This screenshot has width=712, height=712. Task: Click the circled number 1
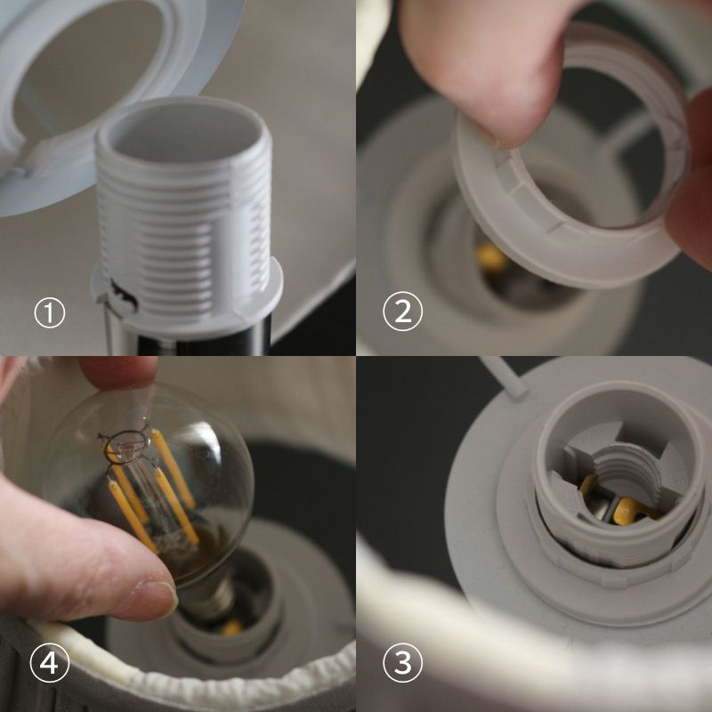pyautogui.click(x=50, y=312)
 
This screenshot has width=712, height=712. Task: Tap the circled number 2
pyautogui.click(x=402, y=311)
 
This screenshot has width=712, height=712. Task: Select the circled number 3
pyautogui.click(x=402, y=662)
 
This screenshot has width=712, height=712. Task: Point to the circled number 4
pyautogui.click(x=50, y=662)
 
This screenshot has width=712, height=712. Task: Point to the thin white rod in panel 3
pyautogui.click(x=505, y=377)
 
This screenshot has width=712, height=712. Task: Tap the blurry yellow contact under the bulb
pyautogui.click(x=231, y=627)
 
